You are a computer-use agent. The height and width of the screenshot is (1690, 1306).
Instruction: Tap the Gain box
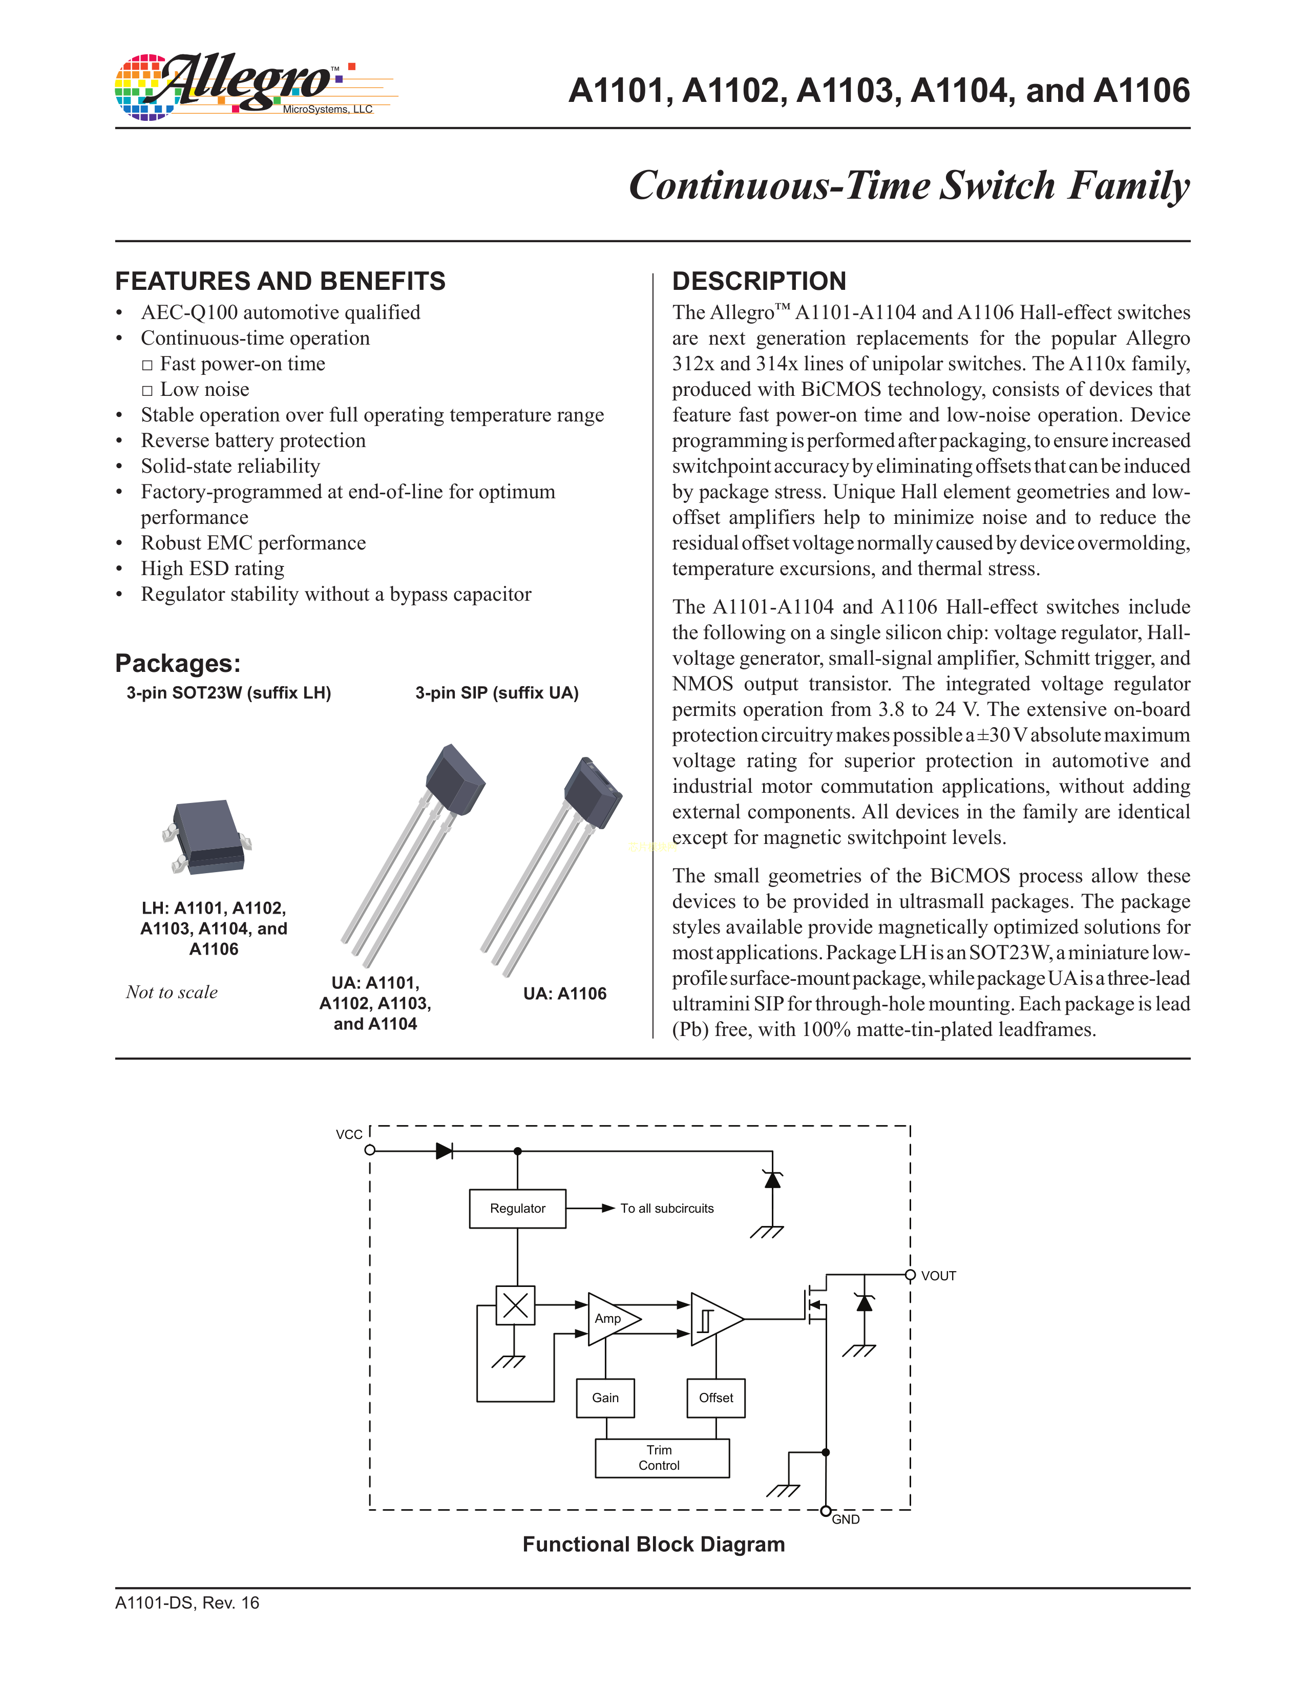click(605, 1398)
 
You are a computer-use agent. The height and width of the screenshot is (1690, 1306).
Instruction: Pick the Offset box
click(715, 1398)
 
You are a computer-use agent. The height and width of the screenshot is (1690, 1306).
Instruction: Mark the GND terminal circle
click(826, 1510)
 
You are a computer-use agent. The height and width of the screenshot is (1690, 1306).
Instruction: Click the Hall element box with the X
click(515, 1305)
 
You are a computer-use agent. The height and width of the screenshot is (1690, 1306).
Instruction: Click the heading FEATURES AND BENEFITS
click(280, 281)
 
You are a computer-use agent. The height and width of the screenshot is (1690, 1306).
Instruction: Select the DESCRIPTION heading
click(759, 281)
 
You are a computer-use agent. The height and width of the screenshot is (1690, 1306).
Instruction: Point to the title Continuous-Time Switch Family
click(909, 186)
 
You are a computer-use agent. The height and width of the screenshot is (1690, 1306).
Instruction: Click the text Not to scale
click(172, 992)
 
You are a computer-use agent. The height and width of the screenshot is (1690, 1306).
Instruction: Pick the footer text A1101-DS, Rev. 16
click(187, 1602)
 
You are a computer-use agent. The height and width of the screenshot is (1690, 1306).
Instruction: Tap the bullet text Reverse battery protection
click(253, 440)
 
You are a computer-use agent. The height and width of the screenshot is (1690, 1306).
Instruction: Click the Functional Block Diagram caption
click(654, 1545)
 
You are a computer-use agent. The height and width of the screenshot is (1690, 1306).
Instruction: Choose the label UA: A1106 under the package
click(565, 994)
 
